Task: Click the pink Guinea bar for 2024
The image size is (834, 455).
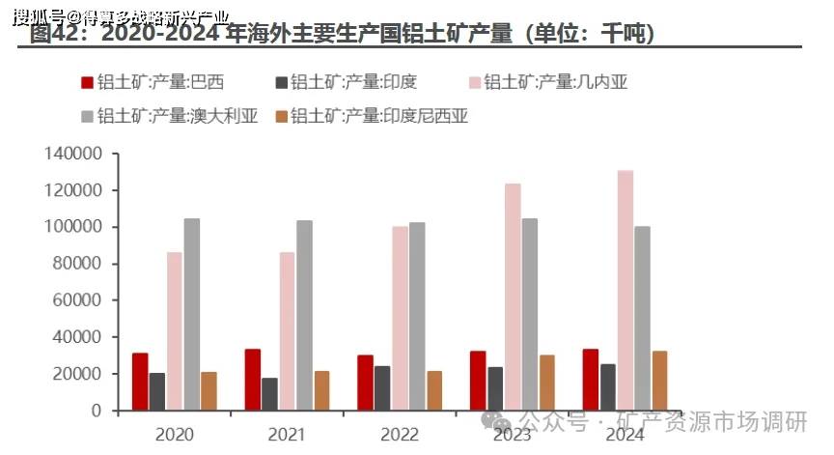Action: (625, 290)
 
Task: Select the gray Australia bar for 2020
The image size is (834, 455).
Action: (192, 314)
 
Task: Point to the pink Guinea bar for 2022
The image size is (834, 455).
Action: (400, 318)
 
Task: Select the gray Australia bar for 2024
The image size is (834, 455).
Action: (643, 318)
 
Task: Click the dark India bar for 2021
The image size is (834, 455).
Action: (269, 394)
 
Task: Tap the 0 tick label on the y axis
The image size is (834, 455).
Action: (97, 411)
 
